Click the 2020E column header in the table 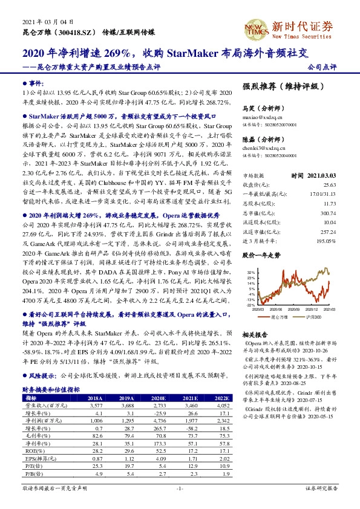click(x=159, y=398)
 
